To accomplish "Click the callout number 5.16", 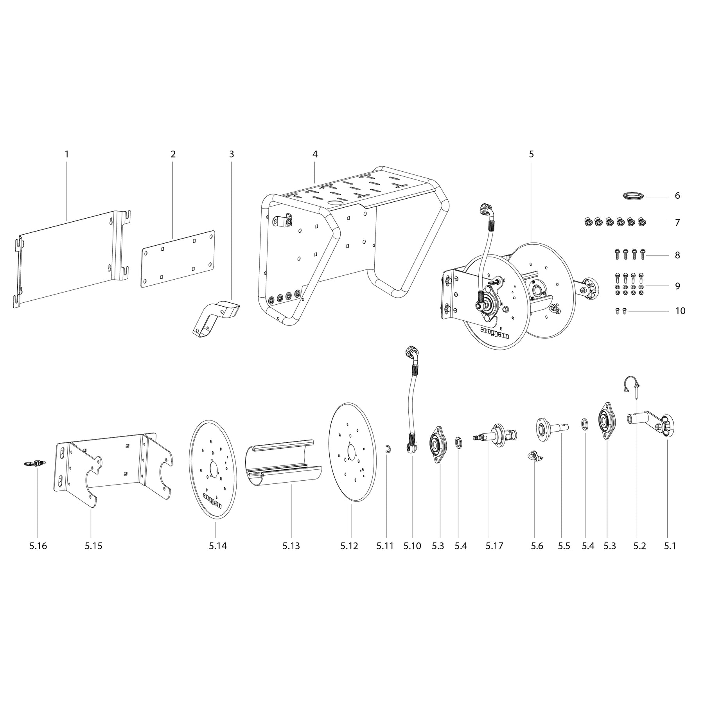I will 38,546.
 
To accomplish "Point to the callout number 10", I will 680,311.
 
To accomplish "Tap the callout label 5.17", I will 494,546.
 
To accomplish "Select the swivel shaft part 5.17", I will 494,435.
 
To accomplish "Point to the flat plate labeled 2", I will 178,259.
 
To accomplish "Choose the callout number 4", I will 315,154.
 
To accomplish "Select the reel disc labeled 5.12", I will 350,452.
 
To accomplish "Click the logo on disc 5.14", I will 212,500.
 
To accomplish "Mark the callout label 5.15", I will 93,546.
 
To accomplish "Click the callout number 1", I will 66,154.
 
